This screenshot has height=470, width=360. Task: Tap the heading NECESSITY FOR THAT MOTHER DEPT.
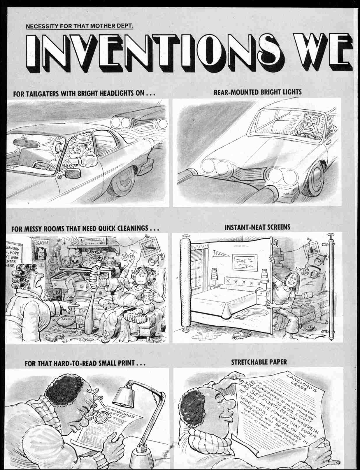coord(80,27)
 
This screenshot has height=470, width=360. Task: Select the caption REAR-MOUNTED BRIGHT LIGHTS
coord(257,92)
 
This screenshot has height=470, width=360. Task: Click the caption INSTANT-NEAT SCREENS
coord(257,227)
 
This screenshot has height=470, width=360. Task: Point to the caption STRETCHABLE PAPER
coord(259,362)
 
